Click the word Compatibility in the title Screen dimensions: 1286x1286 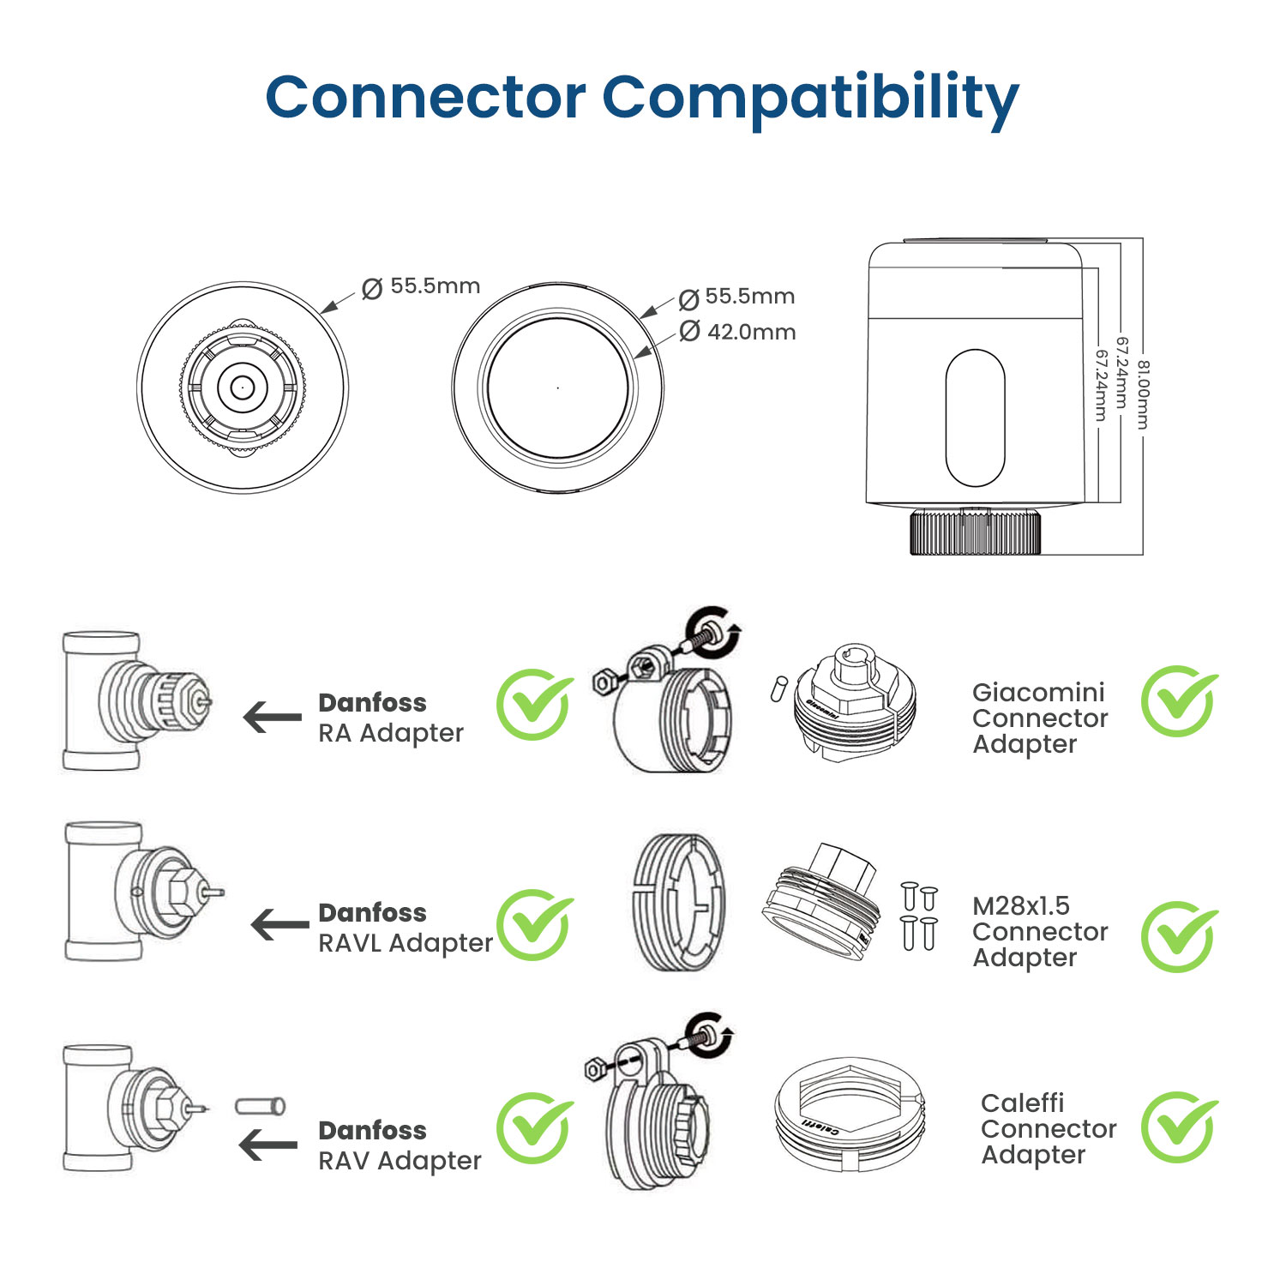(810, 99)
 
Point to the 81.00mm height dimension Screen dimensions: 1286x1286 (1144, 394)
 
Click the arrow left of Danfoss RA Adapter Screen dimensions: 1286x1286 (272, 717)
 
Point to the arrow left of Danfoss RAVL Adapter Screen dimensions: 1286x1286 (279, 924)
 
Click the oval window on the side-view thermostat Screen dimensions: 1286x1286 (975, 418)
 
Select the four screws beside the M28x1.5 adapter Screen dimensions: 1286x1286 (919, 917)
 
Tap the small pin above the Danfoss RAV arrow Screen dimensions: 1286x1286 (260, 1106)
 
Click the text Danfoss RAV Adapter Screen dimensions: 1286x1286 (399, 1145)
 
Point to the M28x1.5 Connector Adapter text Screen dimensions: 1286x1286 (1040, 931)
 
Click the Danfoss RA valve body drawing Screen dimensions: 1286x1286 (133, 701)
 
